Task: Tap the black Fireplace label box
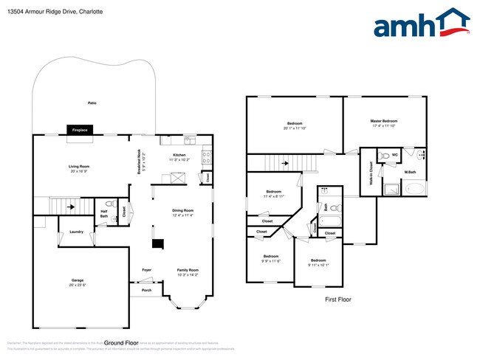click(x=79, y=131)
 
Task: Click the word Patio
click(x=92, y=103)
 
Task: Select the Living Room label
click(x=79, y=167)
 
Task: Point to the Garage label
click(x=77, y=280)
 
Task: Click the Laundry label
click(x=76, y=232)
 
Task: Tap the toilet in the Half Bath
click(x=109, y=204)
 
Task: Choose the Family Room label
click(x=188, y=271)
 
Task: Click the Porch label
click(x=146, y=290)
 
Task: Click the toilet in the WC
click(x=384, y=156)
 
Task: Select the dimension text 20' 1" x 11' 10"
click(x=295, y=128)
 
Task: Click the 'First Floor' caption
click(x=337, y=300)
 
